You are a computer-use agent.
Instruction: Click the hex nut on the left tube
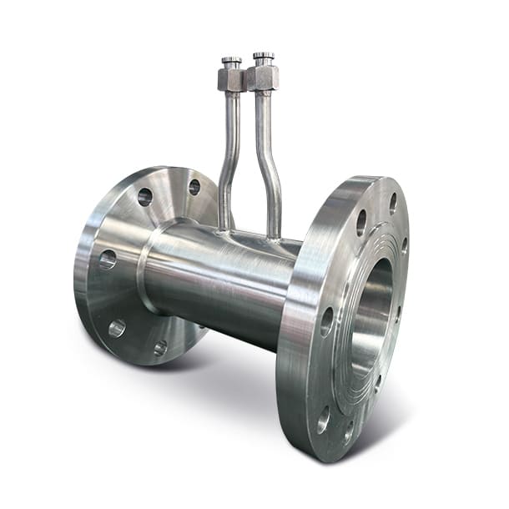tap(230, 80)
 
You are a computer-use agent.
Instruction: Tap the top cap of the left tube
tap(231, 61)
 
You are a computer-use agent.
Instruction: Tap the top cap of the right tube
tap(264, 57)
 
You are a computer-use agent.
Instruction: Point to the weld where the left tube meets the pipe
tap(224, 226)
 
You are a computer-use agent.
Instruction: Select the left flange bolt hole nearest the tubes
tap(194, 188)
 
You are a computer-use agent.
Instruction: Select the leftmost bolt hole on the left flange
tap(107, 260)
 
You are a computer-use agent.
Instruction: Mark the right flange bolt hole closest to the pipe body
tap(326, 320)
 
